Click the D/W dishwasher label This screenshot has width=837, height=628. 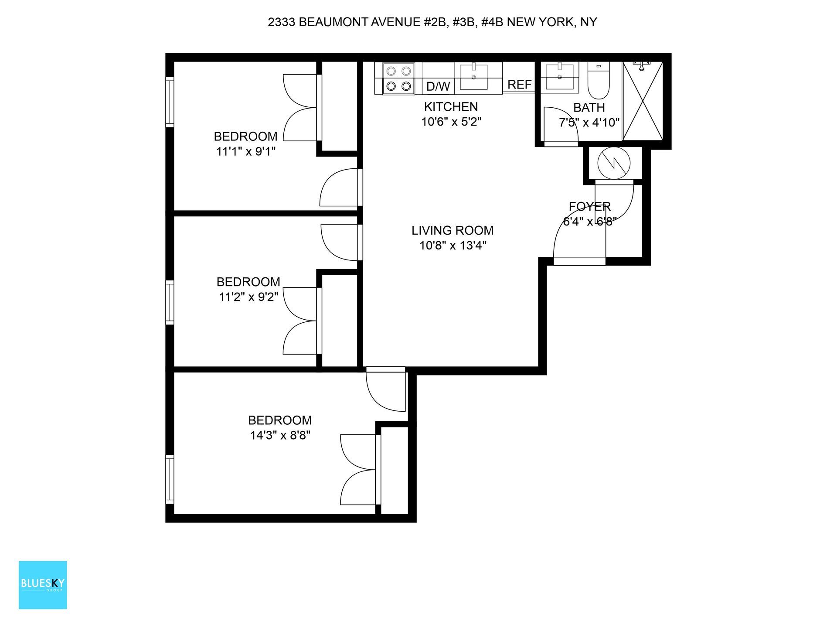tap(438, 86)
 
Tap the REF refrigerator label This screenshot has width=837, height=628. tap(519, 85)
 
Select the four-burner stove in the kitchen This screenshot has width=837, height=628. tap(398, 78)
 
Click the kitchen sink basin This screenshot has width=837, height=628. tap(474, 77)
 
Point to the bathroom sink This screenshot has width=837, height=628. tap(559, 77)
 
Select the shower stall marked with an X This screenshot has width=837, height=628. tap(643, 101)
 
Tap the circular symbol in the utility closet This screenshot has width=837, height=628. tap(614, 163)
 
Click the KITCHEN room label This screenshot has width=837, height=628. tap(451, 107)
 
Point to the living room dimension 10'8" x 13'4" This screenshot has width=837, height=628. tap(453, 246)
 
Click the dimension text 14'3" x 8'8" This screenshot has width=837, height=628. tap(280, 435)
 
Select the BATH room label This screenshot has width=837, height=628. tap(589, 107)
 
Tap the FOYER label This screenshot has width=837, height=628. tap(590, 206)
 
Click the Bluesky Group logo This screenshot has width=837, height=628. tap(43, 585)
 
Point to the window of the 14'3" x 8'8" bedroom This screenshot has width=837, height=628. tap(170, 479)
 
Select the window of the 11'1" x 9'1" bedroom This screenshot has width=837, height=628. tap(170, 102)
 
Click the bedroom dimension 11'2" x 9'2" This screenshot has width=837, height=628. tap(248, 297)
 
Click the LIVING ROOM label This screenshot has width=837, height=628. tap(453, 230)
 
